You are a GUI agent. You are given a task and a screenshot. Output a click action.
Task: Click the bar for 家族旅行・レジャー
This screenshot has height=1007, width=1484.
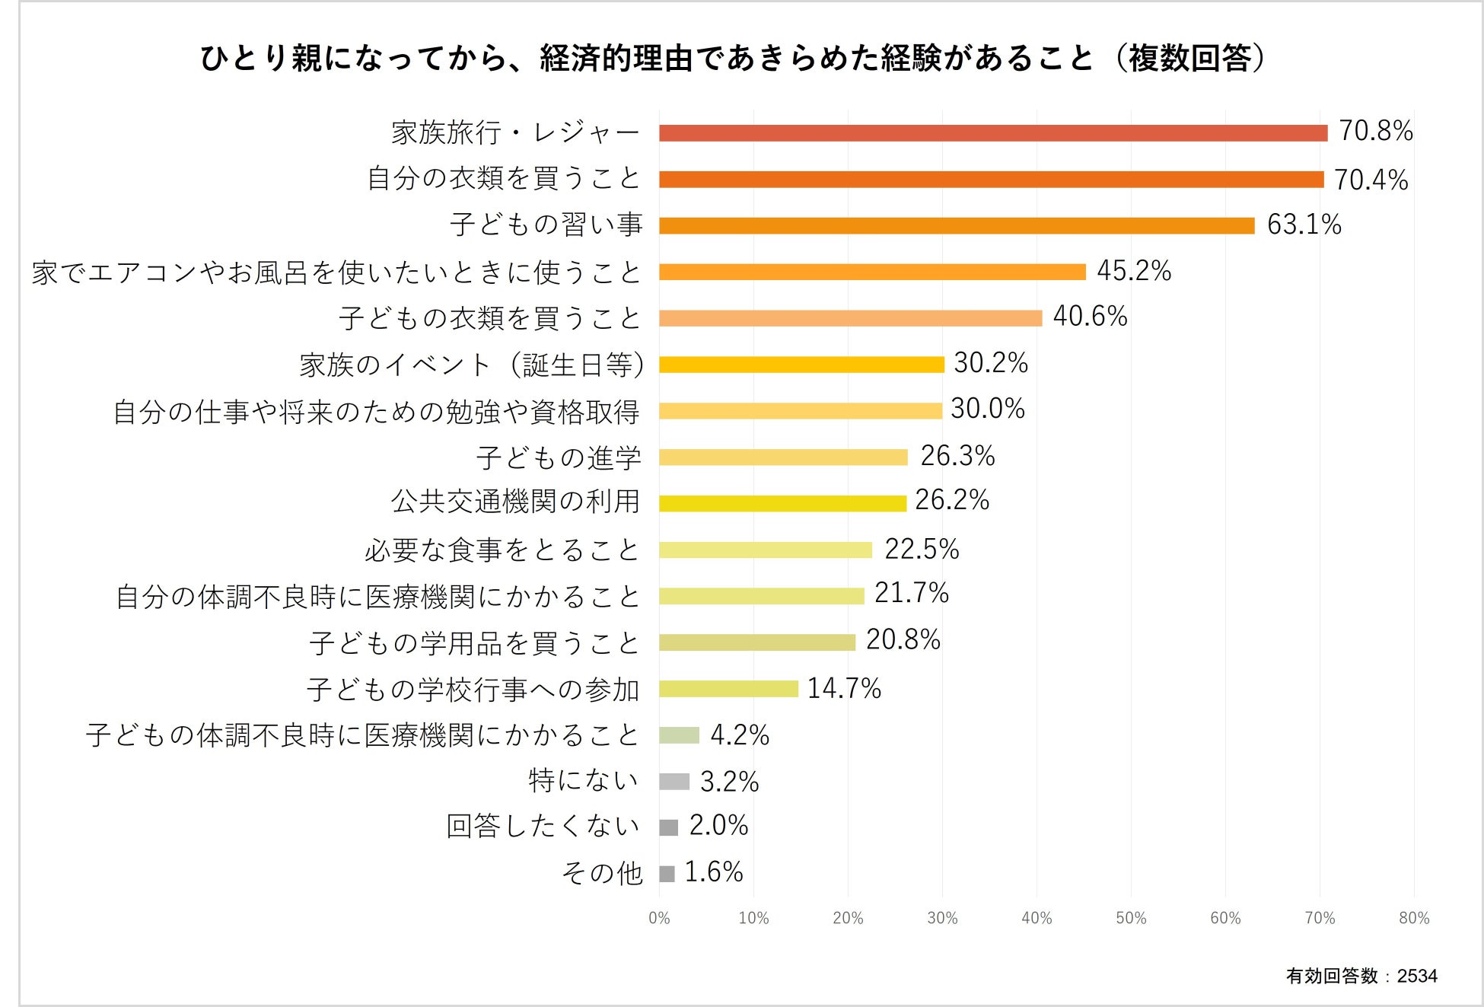(992, 133)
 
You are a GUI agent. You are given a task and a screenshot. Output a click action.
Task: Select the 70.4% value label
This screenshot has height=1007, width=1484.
(1370, 180)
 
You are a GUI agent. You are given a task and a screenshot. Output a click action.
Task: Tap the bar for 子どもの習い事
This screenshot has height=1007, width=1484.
(956, 225)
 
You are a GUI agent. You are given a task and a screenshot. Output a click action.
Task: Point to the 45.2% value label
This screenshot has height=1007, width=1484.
(1133, 271)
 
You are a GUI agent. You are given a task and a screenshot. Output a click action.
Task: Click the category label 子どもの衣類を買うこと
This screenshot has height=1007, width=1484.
(490, 318)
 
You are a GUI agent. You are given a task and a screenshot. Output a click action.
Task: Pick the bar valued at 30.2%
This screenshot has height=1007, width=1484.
(801, 365)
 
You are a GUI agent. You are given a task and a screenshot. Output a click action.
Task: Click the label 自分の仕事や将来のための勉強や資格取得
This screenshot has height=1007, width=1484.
(376, 412)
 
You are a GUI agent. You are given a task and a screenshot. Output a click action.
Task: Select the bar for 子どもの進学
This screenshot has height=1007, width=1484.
(782, 457)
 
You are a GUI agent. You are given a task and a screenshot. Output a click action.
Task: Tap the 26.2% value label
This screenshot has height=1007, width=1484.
(951, 500)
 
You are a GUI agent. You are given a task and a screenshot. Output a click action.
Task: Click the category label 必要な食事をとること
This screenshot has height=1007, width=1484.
(502, 550)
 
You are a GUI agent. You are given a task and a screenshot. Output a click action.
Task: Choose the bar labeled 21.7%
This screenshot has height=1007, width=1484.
(761, 596)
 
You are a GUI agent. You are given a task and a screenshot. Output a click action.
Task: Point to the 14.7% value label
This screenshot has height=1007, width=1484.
(843, 688)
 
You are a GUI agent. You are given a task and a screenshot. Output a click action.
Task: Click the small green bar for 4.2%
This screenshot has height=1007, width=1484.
(679, 735)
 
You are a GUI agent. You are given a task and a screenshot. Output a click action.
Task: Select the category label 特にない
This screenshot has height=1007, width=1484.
(583, 781)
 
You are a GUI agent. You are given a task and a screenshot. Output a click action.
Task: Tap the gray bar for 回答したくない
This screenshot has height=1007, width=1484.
(668, 827)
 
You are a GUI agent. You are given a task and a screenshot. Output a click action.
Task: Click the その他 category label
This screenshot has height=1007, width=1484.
(601, 873)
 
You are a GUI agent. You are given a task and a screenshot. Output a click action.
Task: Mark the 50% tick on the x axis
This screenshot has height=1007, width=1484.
(1130, 918)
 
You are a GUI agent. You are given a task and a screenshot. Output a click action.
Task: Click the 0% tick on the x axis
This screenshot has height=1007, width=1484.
(659, 918)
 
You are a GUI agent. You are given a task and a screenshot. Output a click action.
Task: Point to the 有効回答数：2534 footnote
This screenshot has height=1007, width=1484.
(1361, 976)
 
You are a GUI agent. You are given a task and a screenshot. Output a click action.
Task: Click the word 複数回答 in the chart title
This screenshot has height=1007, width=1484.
(1189, 58)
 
